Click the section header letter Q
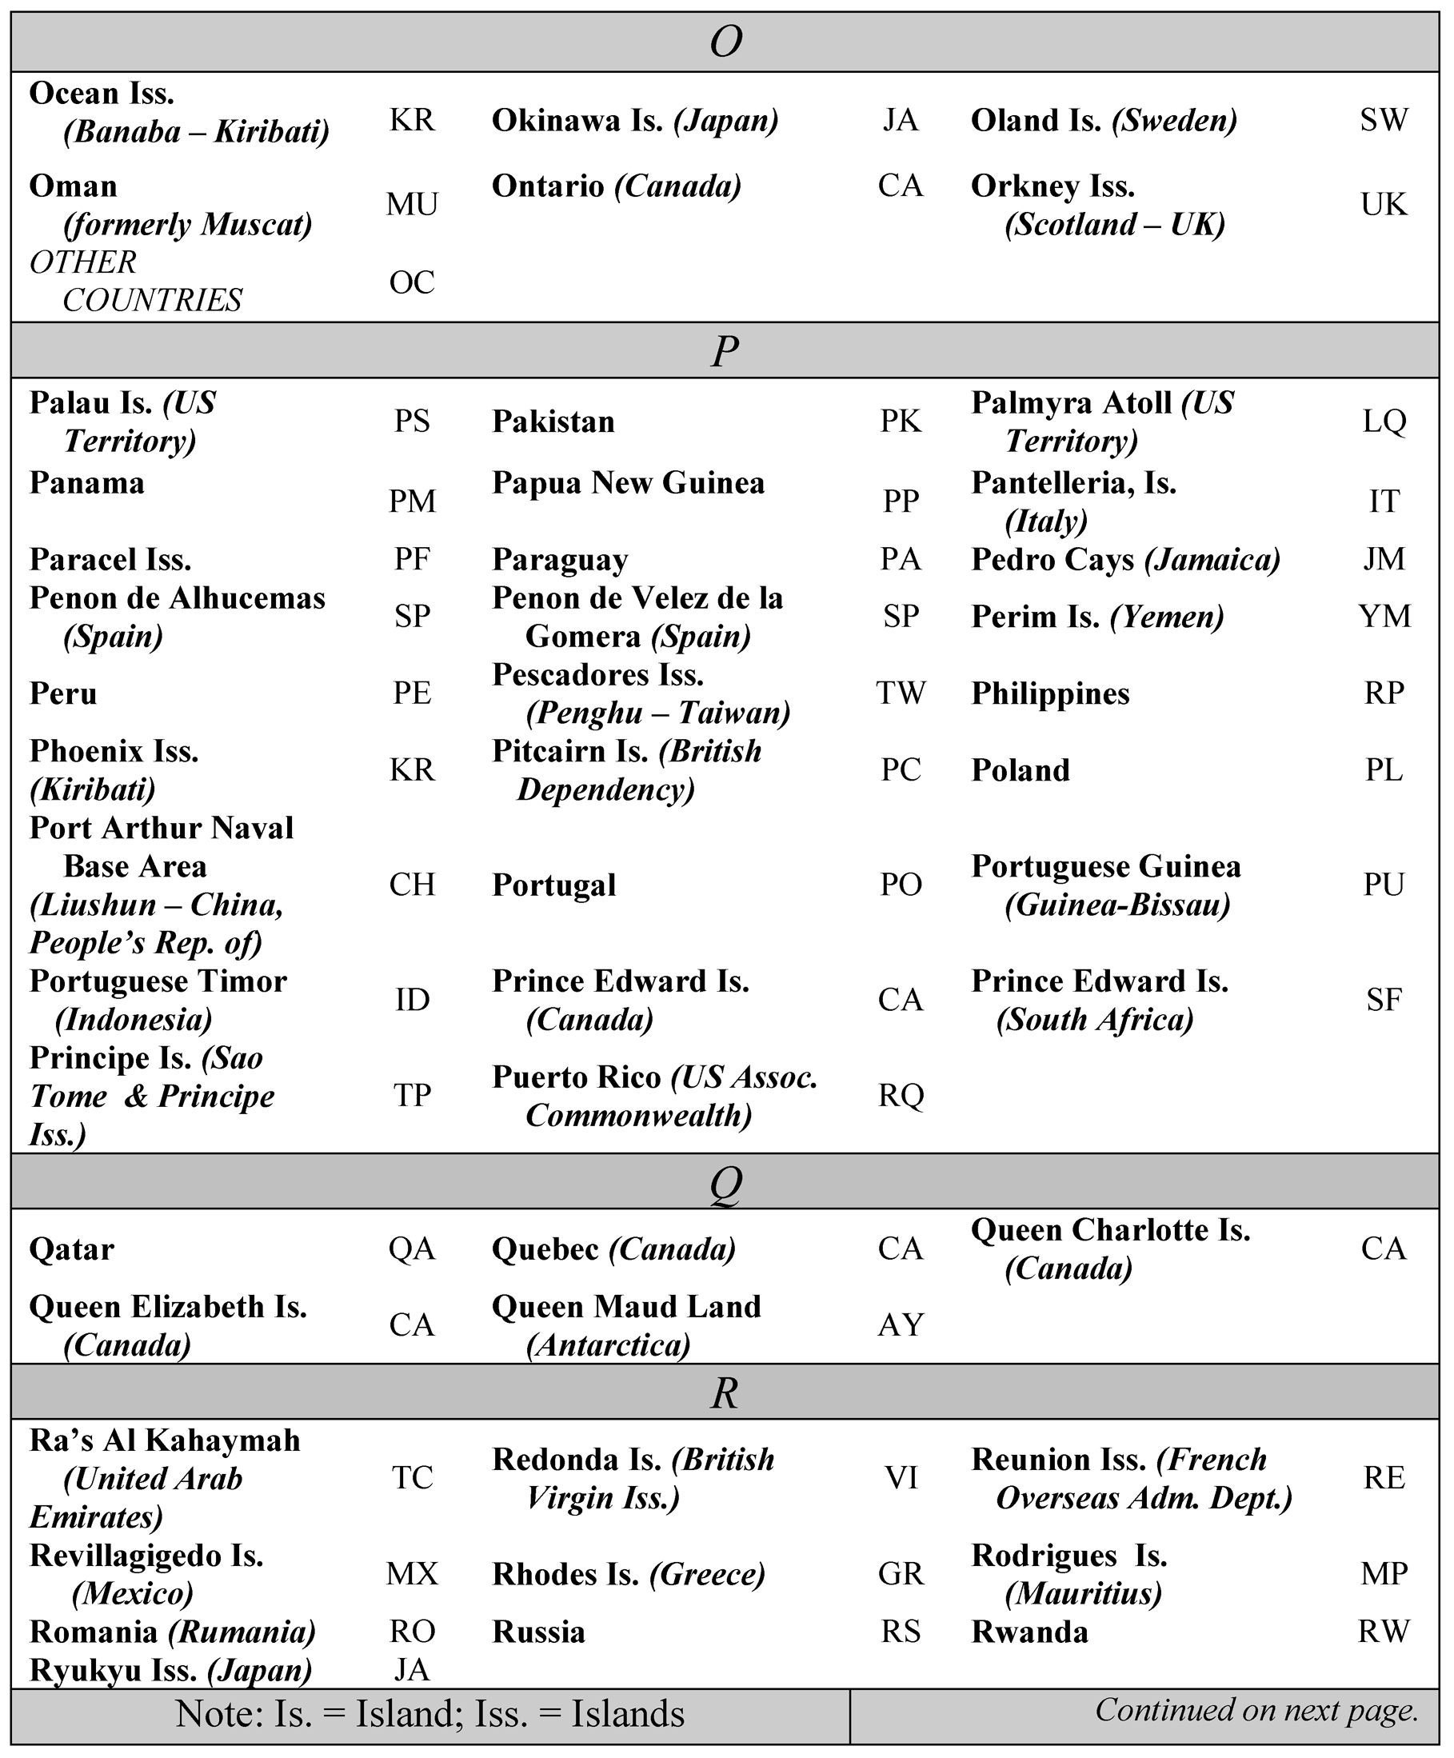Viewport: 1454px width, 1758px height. tap(725, 1183)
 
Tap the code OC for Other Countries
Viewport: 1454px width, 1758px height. tap(412, 283)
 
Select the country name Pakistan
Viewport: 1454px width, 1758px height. tap(553, 421)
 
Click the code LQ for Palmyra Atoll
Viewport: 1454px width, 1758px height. tap(1384, 421)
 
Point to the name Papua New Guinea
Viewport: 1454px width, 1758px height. tap(628, 483)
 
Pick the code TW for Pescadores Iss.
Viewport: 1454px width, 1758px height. tap(901, 693)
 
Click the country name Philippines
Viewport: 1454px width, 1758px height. tap(1049, 693)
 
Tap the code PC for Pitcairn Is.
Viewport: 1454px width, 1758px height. tap(901, 770)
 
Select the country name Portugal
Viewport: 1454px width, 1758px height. tap(553, 885)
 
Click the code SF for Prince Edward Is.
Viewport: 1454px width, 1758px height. tap(1384, 1000)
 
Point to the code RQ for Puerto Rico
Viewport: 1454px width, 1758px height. tap(901, 1095)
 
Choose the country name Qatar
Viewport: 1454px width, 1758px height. tap(71, 1249)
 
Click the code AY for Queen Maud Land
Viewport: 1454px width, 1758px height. tap(901, 1325)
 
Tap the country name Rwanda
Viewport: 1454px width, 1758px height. tap(1029, 1632)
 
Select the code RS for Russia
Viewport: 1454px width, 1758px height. tap(901, 1632)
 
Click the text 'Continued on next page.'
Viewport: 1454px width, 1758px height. tap(1256, 1709)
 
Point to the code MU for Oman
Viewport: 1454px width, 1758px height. tap(412, 204)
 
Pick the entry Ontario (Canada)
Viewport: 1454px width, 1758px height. tap(616, 186)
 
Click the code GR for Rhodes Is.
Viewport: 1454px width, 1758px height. tap(901, 1574)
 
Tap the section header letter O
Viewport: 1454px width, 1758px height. tap(725, 41)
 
